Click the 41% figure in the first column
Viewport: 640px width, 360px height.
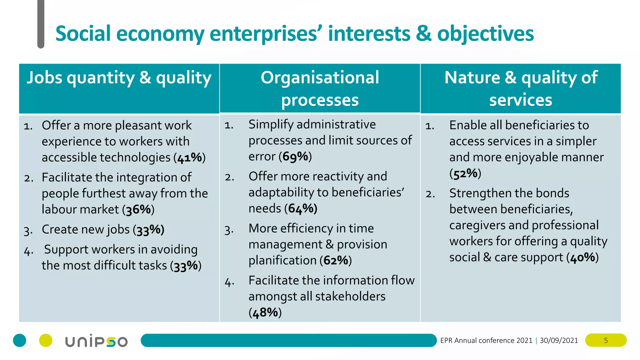pos(190,158)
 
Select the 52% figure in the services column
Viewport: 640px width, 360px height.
pos(465,173)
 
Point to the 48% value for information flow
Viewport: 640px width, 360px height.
pos(265,312)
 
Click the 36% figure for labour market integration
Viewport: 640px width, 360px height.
pos(138,210)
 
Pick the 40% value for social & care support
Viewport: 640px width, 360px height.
pos(582,257)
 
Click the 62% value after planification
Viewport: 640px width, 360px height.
pos(336,260)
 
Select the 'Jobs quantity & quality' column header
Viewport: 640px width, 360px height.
pos(119,78)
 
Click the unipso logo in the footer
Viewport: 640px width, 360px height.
pos(96,341)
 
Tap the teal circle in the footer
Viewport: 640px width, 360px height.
pos(20,340)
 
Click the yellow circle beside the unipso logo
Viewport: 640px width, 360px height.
pos(46,340)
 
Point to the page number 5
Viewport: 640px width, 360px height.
pos(606,340)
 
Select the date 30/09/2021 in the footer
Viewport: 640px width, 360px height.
pos(559,340)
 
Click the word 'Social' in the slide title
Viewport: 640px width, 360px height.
pos(83,34)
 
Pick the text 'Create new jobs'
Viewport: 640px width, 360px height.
pos(86,230)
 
